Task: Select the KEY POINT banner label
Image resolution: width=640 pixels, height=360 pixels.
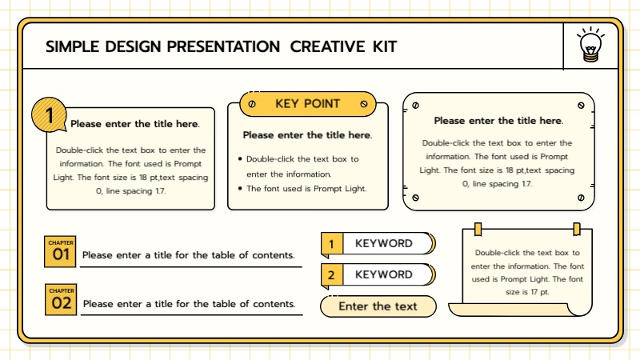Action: [308, 104]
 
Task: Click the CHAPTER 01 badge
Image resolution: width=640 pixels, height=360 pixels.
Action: [61, 251]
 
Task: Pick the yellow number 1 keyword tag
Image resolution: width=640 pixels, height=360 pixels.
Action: [331, 243]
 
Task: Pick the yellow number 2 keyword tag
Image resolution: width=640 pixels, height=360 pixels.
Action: [331, 275]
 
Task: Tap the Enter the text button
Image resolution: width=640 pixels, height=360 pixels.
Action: [378, 306]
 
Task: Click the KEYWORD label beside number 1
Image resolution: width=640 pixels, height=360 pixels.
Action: [384, 243]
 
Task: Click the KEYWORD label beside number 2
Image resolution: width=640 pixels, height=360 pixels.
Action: [384, 275]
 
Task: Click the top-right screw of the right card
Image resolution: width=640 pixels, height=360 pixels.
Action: [581, 105]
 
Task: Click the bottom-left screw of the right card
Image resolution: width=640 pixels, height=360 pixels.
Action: [415, 198]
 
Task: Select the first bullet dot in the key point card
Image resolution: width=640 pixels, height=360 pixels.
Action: [240, 159]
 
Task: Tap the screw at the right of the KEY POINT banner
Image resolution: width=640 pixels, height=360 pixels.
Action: [364, 104]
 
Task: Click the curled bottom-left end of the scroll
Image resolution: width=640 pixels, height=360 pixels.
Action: [458, 309]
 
